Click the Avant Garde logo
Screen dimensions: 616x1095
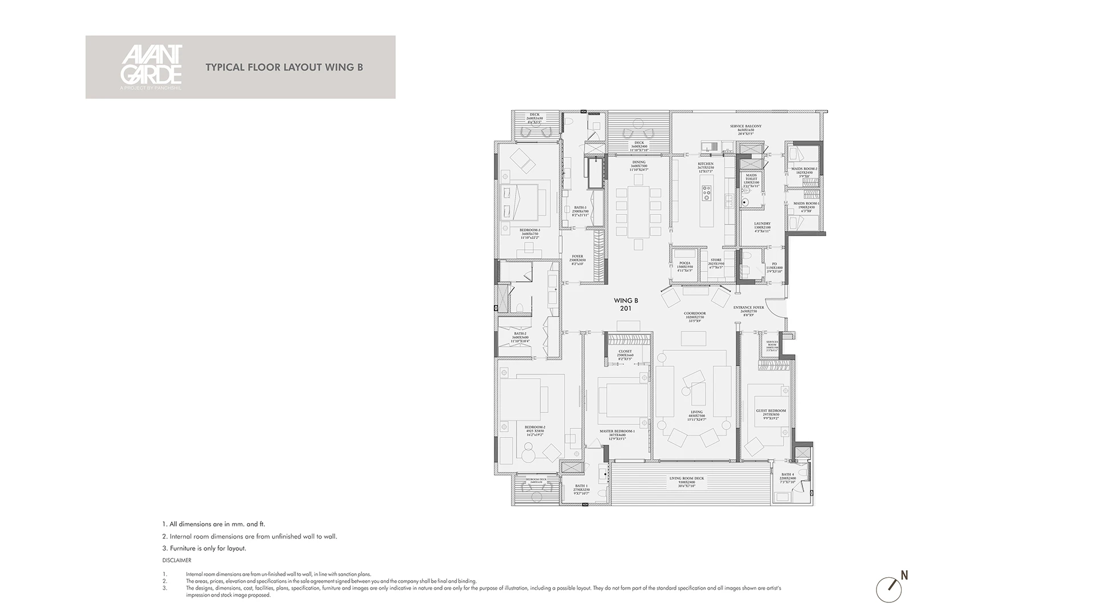[151, 67]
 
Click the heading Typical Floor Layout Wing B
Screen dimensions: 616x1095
[284, 67]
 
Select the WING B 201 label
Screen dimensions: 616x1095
[626, 305]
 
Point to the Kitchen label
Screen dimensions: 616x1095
[705, 166]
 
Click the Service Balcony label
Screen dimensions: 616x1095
[745, 128]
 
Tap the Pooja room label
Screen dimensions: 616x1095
[684, 265]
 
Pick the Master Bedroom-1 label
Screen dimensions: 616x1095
[617, 433]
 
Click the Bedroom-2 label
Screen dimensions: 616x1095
[136, 428]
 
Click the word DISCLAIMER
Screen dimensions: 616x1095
[176, 561]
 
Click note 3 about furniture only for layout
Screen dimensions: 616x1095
[204, 548]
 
